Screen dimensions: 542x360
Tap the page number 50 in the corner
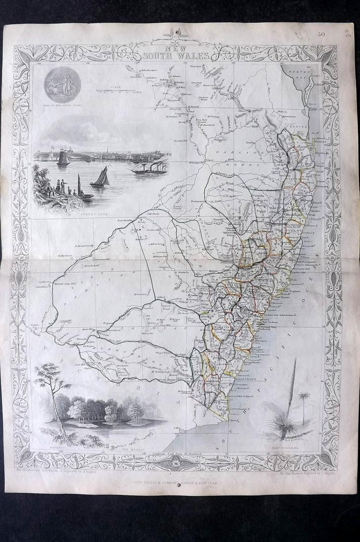click(x=322, y=34)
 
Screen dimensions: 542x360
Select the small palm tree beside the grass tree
click(x=303, y=402)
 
